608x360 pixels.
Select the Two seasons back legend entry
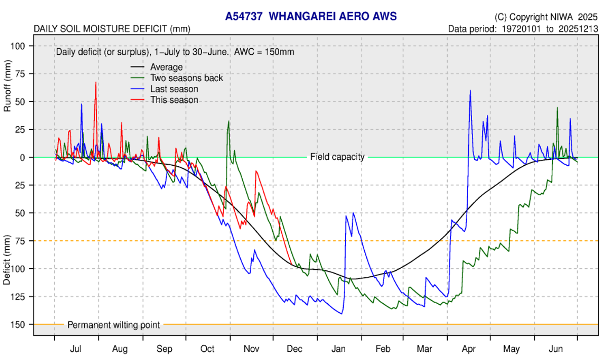[x=186, y=78]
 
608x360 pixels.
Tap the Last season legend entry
[x=174, y=89]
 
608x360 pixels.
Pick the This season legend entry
[x=174, y=100]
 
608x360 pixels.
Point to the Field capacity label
[x=337, y=157]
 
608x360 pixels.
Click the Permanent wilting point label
[x=113, y=325]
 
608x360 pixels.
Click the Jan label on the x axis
[x=339, y=349]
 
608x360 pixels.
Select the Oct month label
[x=208, y=349]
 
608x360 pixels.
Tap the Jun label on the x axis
[x=556, y=349]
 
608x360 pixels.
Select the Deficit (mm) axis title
[x=7, y=260]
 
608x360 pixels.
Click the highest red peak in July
[x=95, y=83]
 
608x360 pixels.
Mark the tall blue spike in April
[x=470, y=91]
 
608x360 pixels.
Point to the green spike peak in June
[x=557, y=108]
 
